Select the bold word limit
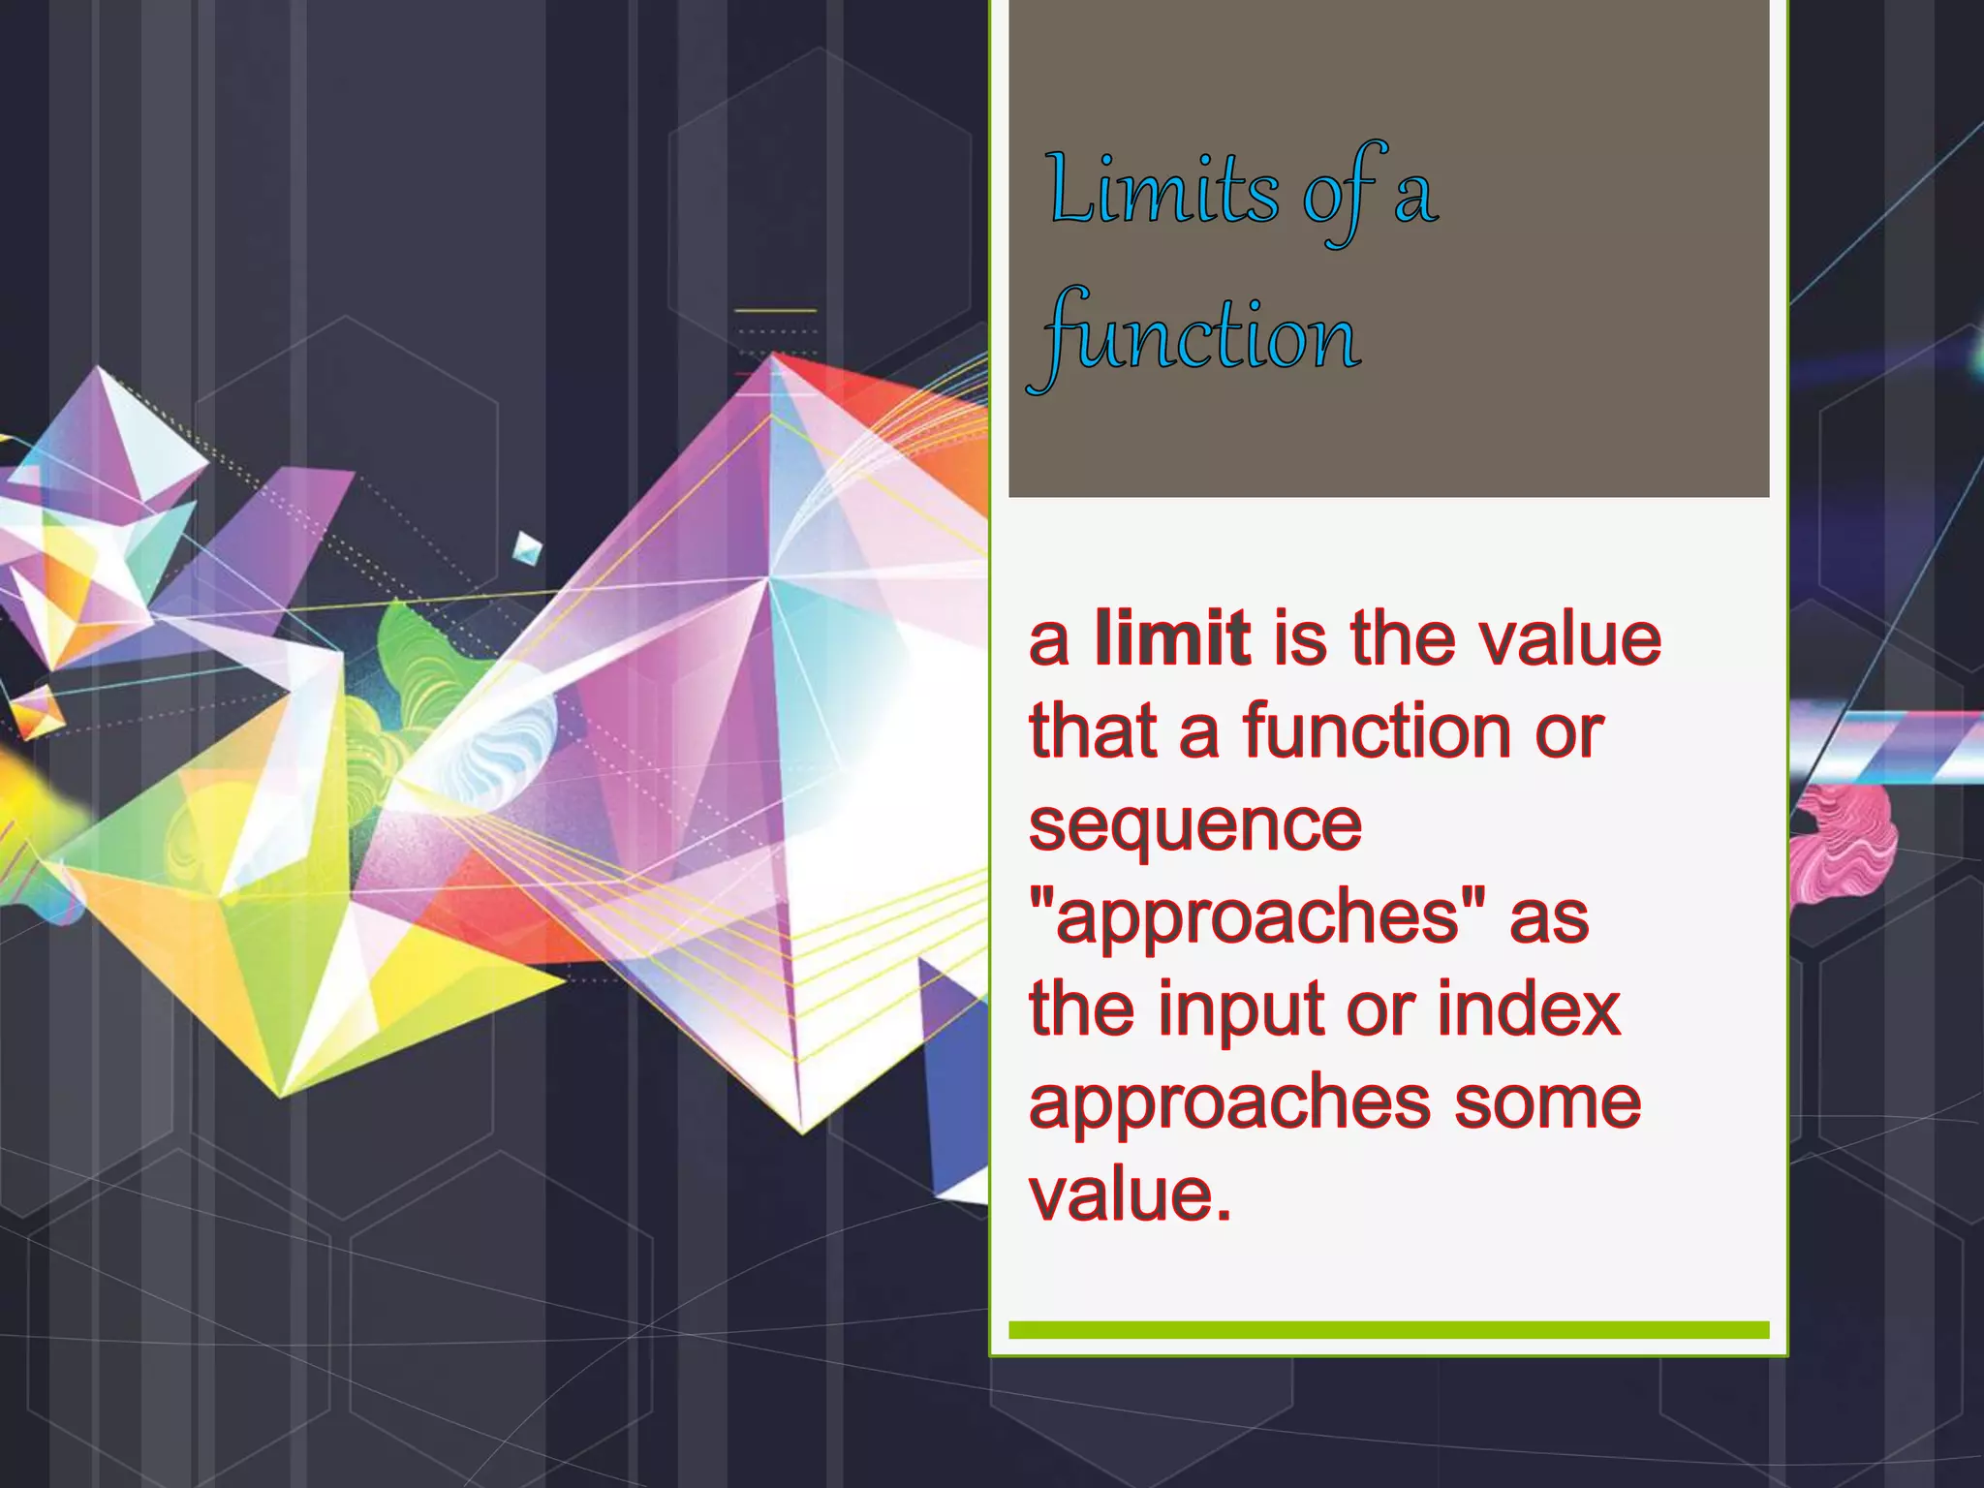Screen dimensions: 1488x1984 click(x=1172, y=638)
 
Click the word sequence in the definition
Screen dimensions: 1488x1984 click(x=1195, y=825)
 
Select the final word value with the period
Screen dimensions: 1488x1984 click(x=1130, y=1194)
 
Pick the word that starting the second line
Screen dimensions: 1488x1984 click(x=1094, y=731)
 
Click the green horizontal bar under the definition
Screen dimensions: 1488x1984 click(x=1388, y=1330)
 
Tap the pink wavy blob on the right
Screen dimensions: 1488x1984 click(x=1841, y=843)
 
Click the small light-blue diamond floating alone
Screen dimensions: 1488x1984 click(x=527, y=548)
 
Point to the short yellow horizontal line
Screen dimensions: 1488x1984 click(x=775, y=311)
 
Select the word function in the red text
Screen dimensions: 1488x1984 click(x=1377, y=731)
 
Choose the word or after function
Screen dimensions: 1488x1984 click(x=1569, y=731)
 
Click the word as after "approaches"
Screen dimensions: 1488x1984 click(x=1549, y=916)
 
